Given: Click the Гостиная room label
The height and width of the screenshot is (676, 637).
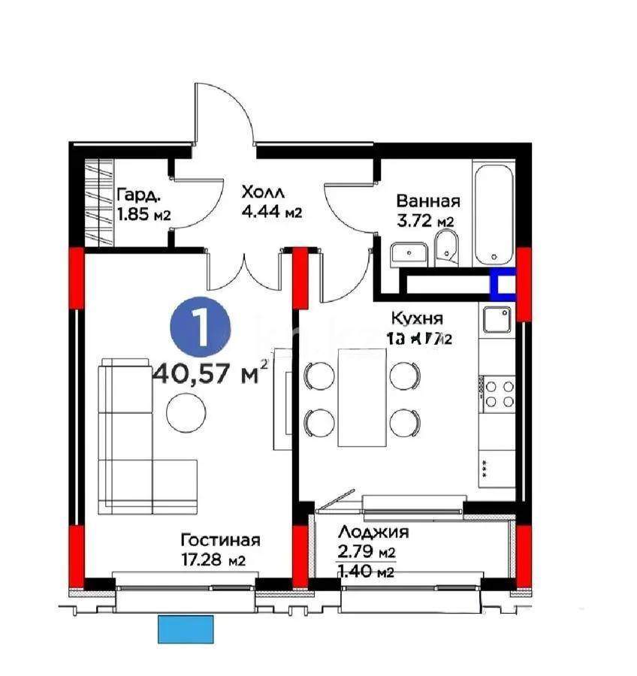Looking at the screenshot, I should click(x=220, y=540).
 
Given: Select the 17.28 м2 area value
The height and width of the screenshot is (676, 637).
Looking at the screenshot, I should click(x=214, y=560).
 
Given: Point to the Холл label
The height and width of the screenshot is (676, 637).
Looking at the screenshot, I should click(x=262, y=193).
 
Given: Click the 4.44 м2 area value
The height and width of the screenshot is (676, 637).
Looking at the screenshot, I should click(x=271, y=213).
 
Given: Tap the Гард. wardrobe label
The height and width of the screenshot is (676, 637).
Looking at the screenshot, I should click(x=137, y=195).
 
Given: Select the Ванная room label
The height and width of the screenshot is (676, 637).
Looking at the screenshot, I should click(x=427, y=201).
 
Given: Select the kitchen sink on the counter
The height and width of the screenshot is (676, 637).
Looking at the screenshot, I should click(x=497, y=321).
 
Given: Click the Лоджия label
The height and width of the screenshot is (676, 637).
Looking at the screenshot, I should click(x=373, y=533).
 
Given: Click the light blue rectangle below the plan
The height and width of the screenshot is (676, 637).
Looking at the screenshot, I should click(x=186, y=628).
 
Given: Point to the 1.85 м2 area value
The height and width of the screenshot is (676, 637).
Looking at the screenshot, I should click(x=143, y=215).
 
